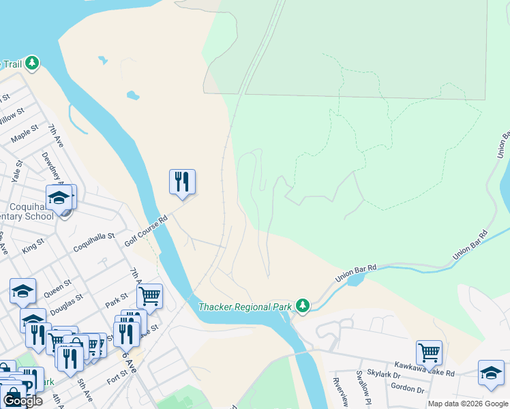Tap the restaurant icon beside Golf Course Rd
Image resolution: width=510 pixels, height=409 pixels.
click(182, 182)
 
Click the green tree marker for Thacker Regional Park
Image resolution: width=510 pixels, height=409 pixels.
click(302, 306)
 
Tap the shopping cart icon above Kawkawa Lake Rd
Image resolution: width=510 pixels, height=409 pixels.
click(429, 353)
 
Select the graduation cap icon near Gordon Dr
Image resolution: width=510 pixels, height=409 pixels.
click(491, 373)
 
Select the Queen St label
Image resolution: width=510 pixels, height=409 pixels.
click(57, 288)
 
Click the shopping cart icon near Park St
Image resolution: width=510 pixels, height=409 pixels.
click(149, 297)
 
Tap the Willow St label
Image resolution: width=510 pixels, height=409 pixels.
click(12, 117)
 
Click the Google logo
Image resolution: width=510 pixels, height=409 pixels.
click(22, 401)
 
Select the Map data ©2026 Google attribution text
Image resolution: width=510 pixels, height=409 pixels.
click(468, 404)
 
